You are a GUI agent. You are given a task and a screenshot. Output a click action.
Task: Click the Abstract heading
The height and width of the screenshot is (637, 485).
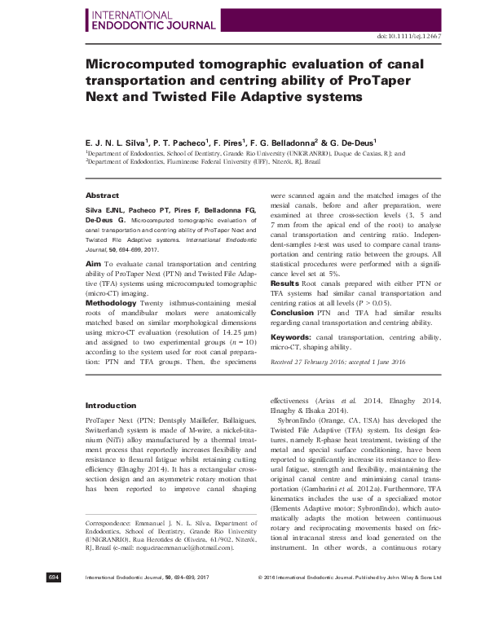pos(101,195)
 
